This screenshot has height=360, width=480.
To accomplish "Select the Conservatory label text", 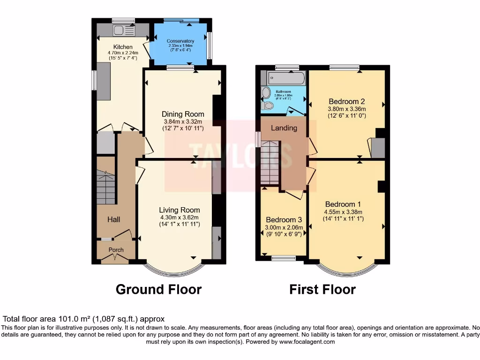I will (180, 41).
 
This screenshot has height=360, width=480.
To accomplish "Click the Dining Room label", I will (183, 114).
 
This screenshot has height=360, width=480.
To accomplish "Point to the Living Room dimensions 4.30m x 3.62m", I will (179, 217).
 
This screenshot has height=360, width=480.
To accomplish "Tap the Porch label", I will (116, 250).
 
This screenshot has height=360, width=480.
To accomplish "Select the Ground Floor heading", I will (158, 289).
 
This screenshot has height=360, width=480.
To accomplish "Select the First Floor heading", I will (322, 289).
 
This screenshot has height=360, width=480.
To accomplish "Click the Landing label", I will (284, 127).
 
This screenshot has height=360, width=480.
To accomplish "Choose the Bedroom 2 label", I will (346, 101).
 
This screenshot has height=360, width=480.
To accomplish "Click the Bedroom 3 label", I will (284, 220).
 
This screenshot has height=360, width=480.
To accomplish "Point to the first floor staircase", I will (270, 164).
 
